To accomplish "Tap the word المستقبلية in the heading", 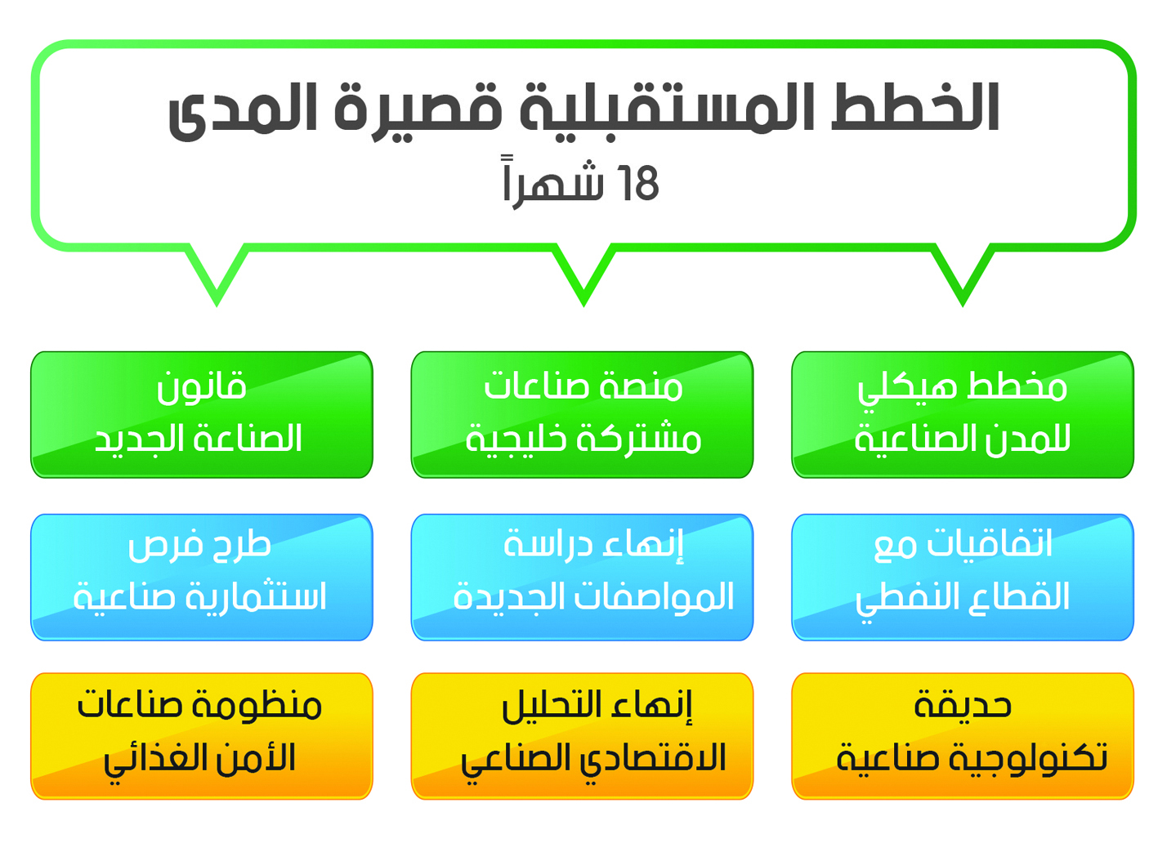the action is [x=667, y=111].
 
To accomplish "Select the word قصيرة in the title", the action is [x=437, y=112].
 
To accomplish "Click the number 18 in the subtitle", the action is [x=640, y=184].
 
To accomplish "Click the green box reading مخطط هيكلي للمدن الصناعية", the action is [x=963, y=414].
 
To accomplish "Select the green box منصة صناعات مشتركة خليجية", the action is [x=582, y=414].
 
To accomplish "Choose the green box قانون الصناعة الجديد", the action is [x=202, y=414].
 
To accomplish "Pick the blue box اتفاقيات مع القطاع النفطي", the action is [x=963, y=578].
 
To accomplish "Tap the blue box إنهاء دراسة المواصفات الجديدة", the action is [x=582, y=578].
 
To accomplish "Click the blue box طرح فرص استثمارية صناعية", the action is [x=202, y=578].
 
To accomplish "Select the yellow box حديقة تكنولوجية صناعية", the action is [x=963, y=736].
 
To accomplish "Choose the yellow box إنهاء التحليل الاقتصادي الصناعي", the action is [x=582, y=736].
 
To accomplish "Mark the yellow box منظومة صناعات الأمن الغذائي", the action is [x=202, y=736].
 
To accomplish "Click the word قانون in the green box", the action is [x=202, y=387].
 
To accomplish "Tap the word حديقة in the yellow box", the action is [x=963, y=705].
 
